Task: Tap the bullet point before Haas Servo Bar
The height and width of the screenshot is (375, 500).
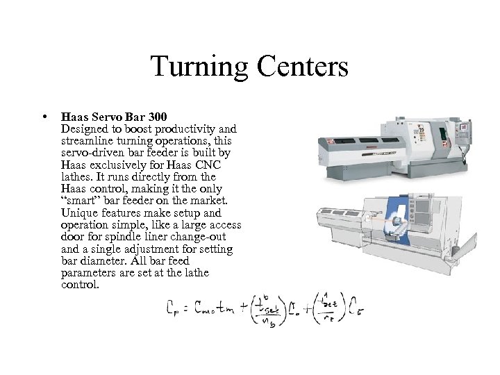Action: point(44,115)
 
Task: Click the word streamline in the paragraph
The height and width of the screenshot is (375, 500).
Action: point(86,140)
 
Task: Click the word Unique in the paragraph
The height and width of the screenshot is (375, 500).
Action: point(78,212)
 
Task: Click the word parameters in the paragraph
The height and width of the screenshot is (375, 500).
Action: point(94,273)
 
